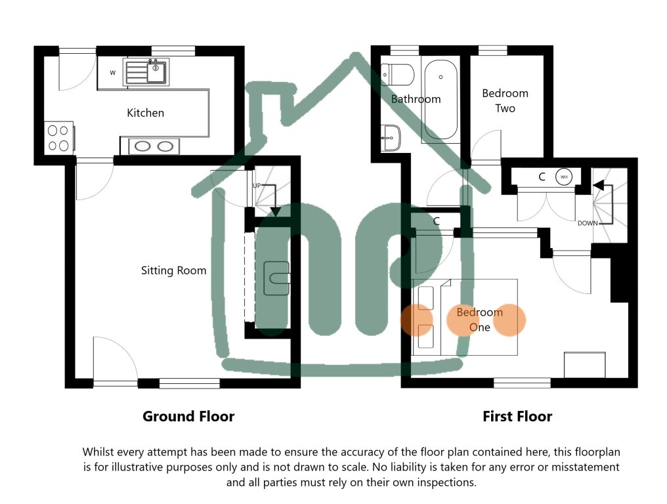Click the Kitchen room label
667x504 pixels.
click(145, 113)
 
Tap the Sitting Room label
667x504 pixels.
click(173, 270)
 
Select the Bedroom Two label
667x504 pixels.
click(505, 100)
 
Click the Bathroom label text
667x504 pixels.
click(416, 99)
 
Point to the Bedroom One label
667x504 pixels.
click(479, 320)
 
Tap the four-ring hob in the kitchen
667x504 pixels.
click(58, 138)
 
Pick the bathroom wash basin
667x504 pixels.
click(391, 138)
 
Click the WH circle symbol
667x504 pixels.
click(563, 177)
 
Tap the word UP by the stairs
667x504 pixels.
click(258, 186)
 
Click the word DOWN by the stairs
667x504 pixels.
click(588, 223)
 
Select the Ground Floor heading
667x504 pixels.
click(188, 416)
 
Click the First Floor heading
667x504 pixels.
click(517, 416)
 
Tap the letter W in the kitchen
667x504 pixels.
click(112, 73)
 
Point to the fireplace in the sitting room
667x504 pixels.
click(276, 278)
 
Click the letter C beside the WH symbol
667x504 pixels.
click(542, 177)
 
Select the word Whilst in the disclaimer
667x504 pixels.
click(98, 452)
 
